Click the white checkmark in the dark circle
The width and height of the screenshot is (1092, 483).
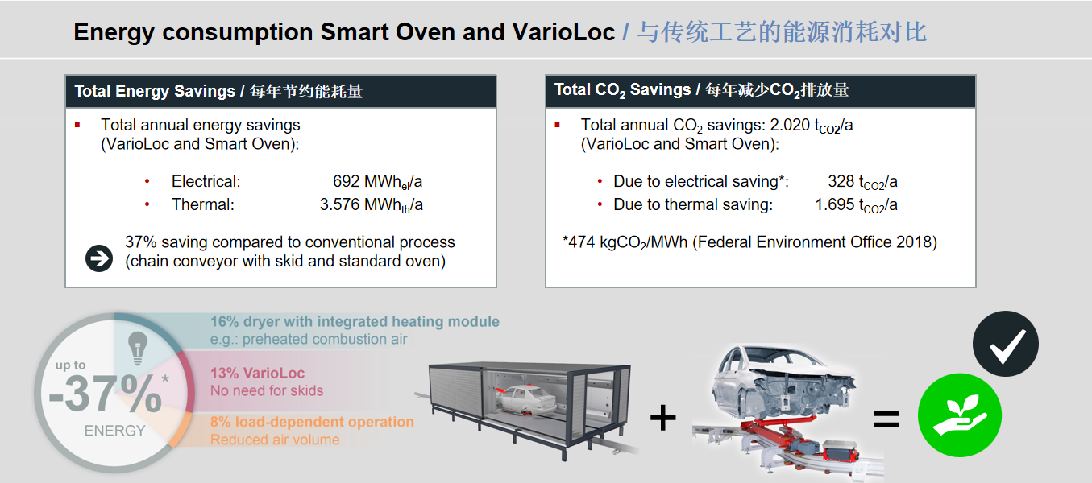(1006, 345)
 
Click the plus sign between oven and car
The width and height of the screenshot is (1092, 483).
(662, 418)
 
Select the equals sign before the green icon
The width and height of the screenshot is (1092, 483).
(886, 419)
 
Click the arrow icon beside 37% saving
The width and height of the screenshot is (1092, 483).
(99, 258)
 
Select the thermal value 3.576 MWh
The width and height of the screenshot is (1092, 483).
(371, 205)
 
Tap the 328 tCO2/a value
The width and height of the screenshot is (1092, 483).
(862, 182)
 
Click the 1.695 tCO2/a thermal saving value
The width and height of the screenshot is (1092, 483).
(856, 205)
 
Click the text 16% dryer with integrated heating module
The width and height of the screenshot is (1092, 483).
(355, 322)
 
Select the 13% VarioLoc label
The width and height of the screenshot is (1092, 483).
(259, 374)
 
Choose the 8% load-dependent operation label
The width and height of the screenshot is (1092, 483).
(312, 422)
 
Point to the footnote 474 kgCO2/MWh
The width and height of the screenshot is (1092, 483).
(749, 242)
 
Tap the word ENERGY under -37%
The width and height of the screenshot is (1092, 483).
(114, 431)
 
